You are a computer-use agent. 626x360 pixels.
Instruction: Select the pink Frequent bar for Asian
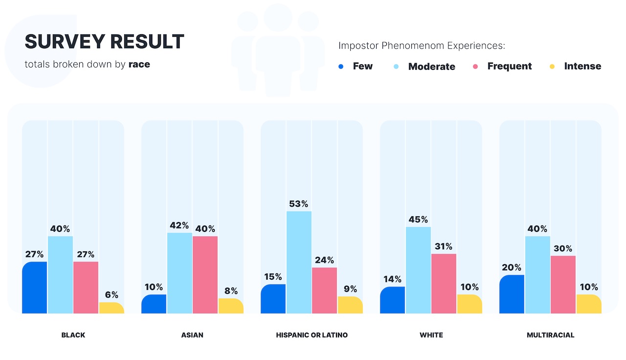pyautogui.click(x=205, y=275)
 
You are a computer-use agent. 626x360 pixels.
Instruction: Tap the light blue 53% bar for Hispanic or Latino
pyautogui.click(x=299, y=262)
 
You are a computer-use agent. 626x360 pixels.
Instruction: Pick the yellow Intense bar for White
pyautogui.click(x=469, y=304)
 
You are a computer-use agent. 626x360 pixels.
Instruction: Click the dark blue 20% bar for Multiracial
pyautogui.click(x=512, y=294)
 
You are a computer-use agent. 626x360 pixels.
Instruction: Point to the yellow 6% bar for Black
pyautogui.click(x=112, y=308)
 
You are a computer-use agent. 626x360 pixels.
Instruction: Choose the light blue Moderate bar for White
pyautogui.click(x=418, y=270)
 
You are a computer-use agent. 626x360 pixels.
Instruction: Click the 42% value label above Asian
pyautogui.click(x=179, y=225)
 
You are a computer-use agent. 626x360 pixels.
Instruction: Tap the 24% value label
pyautogui.click(x=324, y=260)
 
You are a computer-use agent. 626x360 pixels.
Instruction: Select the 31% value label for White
pyautogui.click(x=444, y=246)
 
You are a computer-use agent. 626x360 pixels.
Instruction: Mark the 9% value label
pyautogui.click(x=350, y=289)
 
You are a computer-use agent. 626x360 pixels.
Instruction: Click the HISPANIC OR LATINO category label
pyautogui.click(x=312, y=335)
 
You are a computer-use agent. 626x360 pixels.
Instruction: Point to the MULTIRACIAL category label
pyautogui.click(x=550, y=335)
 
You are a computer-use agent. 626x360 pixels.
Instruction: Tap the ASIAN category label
pyautogui.click(x=192, y=335)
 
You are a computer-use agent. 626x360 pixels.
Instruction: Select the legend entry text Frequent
pyautogui.click(x=509, y=66)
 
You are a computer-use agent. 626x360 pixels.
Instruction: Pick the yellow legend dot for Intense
pyautogui.click(x=552, y=66)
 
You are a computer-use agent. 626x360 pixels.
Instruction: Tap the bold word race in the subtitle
pyautogui.click(x=139, y=64)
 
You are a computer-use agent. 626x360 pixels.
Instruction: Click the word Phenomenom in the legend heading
pyautogui.click(x=413, y=46)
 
